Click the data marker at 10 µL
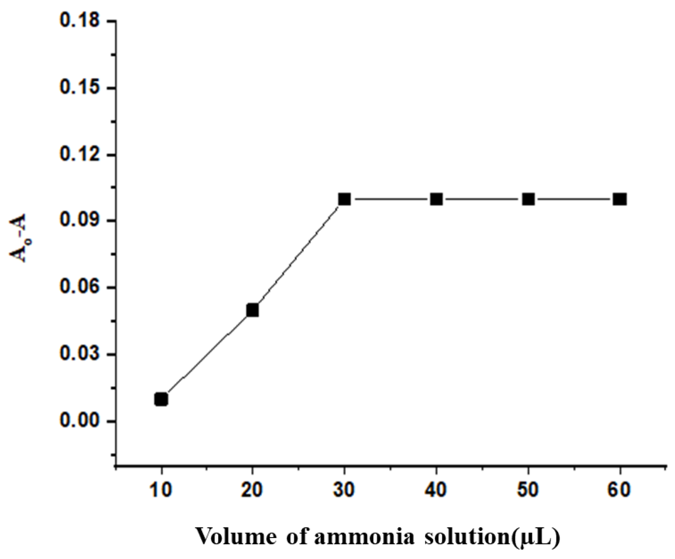click(161, 400)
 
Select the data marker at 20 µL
click(253, 311)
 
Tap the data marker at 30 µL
click(344, 199)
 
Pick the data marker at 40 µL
click(436, 199)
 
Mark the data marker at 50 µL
click(529, 199)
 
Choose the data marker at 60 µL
click(620, 199)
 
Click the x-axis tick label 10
click(161, 490)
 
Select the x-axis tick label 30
click(344, 490)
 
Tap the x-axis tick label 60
click(620, 490)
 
